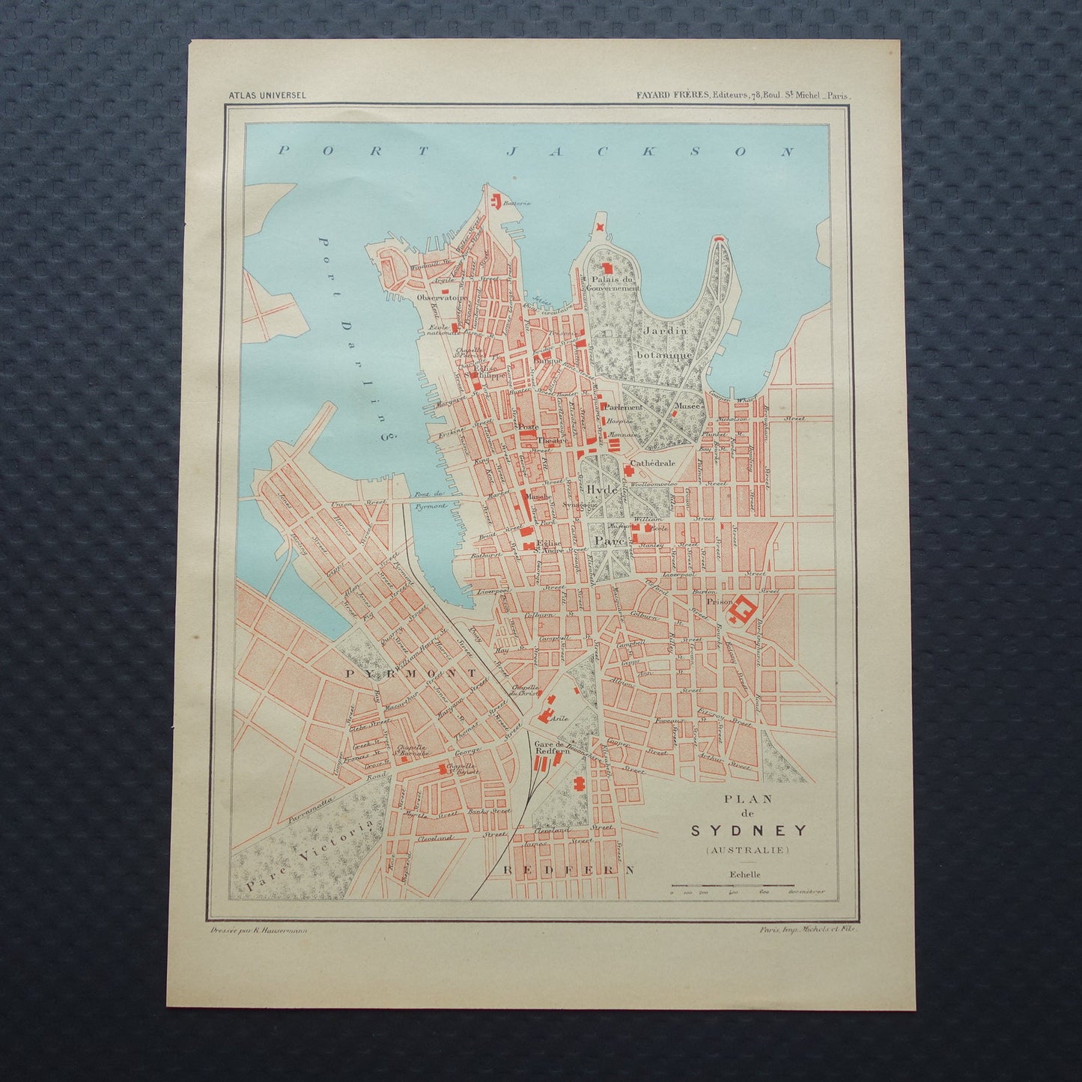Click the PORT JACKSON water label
tap(535, 151)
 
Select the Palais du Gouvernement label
tap(613, 282)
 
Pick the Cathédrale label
tap(653, 464)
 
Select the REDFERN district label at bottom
tap(568, 870)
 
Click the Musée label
tap(687, 406)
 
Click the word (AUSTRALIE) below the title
tap(747, 850)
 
